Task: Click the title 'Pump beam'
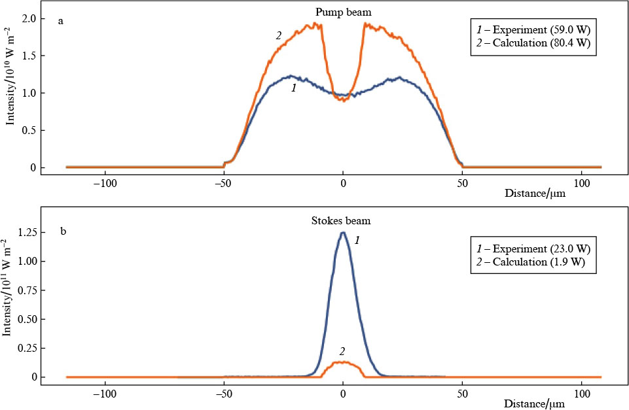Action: [343, 11]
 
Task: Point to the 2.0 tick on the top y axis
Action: [29, 18]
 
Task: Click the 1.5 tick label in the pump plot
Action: [29, 56]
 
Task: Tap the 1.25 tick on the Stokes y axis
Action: [26, 232]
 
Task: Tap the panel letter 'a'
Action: [61, 21]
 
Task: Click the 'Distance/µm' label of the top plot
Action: [535, 194]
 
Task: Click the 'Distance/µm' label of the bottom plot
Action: [535, 405]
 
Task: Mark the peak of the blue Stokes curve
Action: [342, 233]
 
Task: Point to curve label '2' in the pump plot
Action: [278, 36]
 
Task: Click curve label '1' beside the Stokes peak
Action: [357, 241]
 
